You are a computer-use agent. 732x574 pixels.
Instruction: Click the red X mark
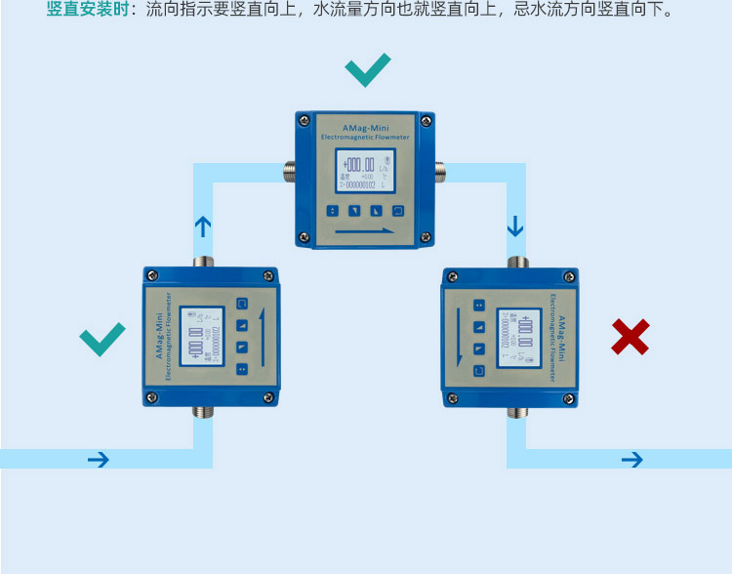click(630, 337)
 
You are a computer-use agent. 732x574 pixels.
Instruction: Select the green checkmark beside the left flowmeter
click(102, 338)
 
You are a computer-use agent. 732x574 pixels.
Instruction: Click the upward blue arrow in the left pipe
click(203, 227)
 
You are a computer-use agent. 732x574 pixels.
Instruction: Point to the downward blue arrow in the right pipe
click(515, 227)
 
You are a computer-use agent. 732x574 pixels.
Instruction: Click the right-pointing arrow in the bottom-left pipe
click(99, 459)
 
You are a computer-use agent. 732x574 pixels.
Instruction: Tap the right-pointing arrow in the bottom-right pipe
click(632, 459)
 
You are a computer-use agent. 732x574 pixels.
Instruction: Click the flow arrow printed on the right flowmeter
click(460, 337)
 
